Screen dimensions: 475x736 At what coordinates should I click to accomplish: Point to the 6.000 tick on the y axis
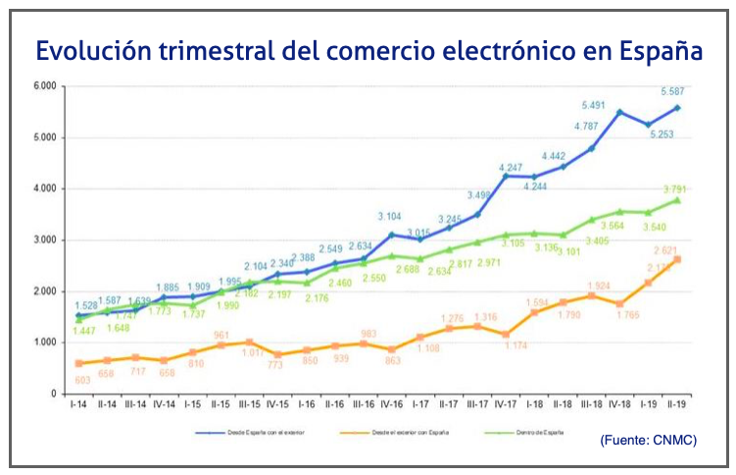[x=44, y=85]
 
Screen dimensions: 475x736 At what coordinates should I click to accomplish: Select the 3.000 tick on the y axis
[x=44, y=239]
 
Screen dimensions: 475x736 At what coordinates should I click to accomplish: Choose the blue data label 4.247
[x=510, y=167]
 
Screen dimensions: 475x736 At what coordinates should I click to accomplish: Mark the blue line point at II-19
[x=678, y=107]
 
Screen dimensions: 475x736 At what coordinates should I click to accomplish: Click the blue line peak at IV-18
[x=619, y=112]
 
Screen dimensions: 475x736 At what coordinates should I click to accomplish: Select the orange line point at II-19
[x=678, y=259]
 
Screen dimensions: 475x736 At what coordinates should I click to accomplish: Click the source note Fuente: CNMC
[x=648, y=441]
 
